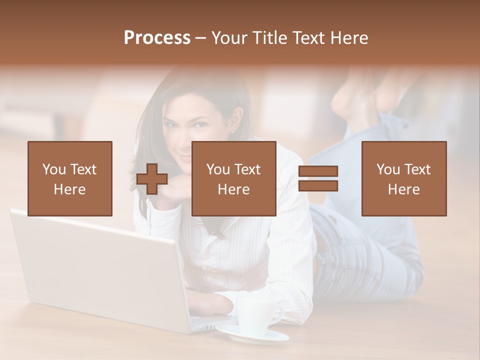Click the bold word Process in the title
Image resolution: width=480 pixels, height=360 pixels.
coord(157,37)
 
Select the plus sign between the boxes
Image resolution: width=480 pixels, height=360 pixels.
coord(152,178)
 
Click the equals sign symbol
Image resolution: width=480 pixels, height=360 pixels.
coord(318,178)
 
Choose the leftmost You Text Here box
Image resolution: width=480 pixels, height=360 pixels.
coord(69,178)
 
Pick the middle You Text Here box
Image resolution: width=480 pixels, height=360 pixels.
coord(233,178)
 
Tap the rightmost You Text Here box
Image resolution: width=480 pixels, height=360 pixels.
coord(403,178)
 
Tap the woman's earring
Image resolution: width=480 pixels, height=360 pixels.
coord(233,131)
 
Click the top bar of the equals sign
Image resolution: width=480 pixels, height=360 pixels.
coord(318,171)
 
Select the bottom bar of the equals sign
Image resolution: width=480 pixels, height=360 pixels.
coord(318,186)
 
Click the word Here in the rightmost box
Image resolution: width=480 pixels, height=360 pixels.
coord(403,189)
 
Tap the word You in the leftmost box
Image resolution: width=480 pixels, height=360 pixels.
coord(54,169)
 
